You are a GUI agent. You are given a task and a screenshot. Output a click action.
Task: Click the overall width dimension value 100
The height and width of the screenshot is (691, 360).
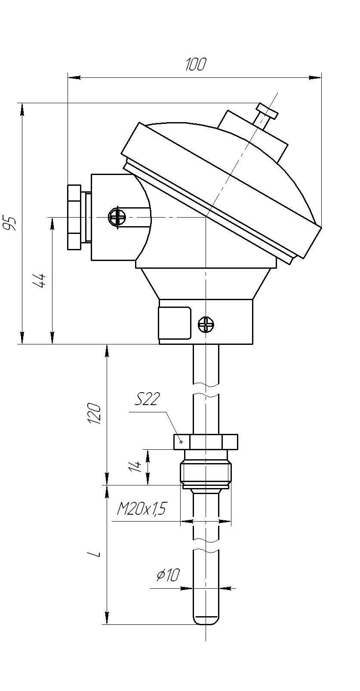click(x=195, y=64)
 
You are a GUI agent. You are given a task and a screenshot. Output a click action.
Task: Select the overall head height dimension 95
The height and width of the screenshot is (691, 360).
click(x=9, y=223)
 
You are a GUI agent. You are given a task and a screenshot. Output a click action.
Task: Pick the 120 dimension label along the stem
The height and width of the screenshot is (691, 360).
click(x=95, y=414)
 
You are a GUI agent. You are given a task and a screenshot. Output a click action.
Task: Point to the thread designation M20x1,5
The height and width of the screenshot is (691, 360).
click(x=141, y=509)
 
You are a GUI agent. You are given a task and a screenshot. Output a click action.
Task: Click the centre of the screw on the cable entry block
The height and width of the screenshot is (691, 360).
click(x=117, y=218)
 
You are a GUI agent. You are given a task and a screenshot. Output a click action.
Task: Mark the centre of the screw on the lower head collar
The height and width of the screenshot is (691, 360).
click(x=206, y=325)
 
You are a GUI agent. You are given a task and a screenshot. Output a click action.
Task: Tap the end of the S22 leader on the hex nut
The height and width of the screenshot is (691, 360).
click(x=181, y=442)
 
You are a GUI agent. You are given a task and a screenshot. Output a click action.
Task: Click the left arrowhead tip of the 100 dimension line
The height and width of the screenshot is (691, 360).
click(x=68, y=77)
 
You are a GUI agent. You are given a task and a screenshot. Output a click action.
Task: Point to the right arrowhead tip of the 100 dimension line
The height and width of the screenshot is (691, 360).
click(x=321, y=77)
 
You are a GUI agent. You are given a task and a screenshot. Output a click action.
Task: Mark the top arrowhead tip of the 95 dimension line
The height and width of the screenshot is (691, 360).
click(x=22, y=103)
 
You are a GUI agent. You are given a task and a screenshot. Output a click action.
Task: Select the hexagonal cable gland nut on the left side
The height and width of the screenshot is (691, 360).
click(x=74, y=217)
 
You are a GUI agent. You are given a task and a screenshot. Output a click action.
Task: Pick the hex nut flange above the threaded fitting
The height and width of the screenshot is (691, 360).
click(x=206, y=442)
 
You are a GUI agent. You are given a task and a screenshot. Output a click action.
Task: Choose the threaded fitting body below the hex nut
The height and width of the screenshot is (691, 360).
click(x=206, y=469)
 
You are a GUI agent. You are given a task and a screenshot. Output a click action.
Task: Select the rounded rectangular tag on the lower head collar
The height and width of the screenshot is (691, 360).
click(x=175, y=323)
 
